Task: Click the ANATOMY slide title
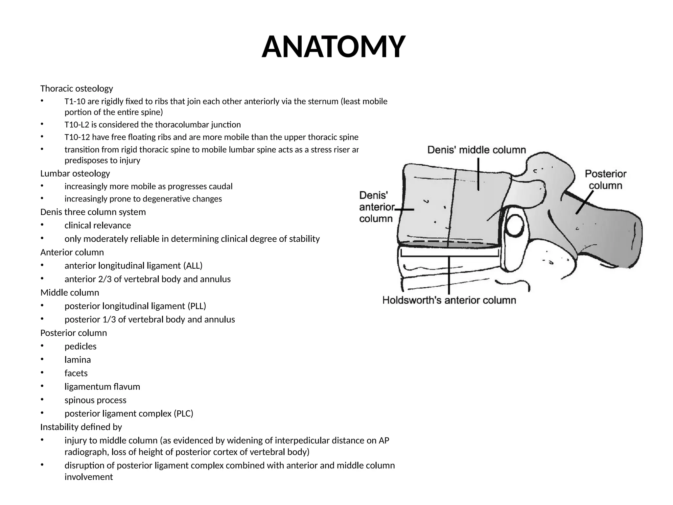(333, 47)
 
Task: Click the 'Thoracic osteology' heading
(77, 88)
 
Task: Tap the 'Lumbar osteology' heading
(75, 173)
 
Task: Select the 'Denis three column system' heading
(93, 212)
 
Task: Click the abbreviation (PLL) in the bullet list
(197, 306)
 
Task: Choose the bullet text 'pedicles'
(81, 347)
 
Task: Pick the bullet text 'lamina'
(78, 360)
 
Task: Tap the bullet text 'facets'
(76, 373)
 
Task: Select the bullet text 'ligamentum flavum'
(102, 387)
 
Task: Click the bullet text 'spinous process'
(95, 400)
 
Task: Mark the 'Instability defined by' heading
(81, 427)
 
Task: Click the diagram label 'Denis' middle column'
(476, 150)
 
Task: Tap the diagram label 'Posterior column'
(605, 180)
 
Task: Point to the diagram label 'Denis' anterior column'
(377, 207)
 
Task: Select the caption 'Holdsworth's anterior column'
(449, 300)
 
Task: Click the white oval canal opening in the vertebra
(515, 226)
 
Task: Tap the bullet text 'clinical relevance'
(98, 226)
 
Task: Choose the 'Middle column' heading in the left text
(70, 293)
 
